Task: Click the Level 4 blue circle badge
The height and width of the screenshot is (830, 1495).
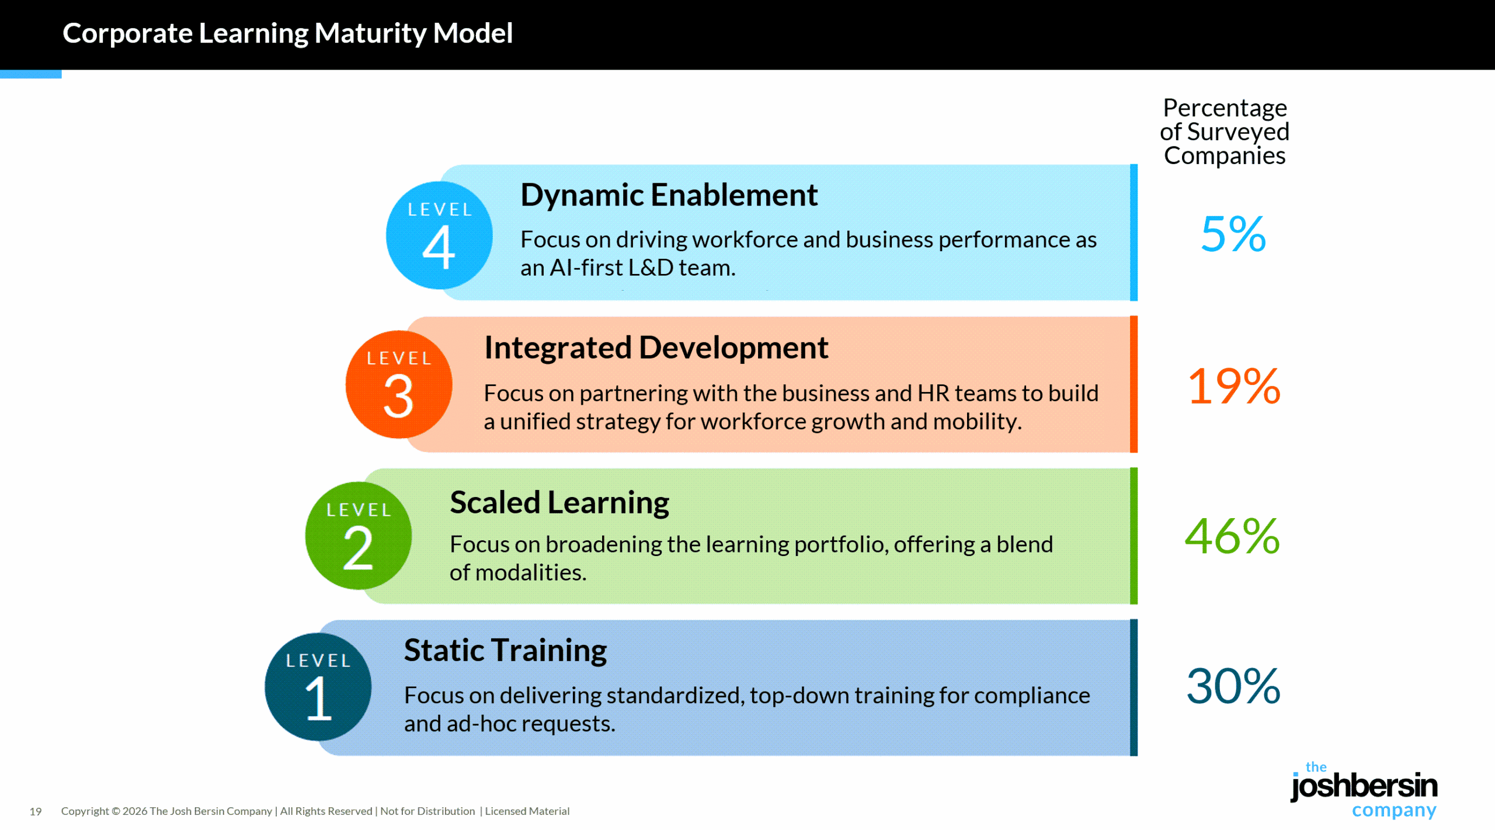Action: tap(439, 235)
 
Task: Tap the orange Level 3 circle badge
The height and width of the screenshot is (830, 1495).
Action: tap(399, 384)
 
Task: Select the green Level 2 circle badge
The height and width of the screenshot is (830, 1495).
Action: tap(359, 536)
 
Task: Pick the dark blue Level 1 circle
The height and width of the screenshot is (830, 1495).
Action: tap(318, 687)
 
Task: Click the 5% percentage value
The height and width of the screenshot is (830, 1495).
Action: tap(1233, 234)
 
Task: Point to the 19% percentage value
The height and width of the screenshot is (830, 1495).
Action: tap(1233, 386)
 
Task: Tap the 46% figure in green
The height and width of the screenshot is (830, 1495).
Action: tap(1232, 536)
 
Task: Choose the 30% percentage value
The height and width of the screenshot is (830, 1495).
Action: tap(1233, 686)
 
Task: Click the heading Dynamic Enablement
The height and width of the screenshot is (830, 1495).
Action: tap(669, 195)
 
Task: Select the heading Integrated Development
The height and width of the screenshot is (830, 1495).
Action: tap(656, 348)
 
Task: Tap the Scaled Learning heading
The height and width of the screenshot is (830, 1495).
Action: tap(559, 503)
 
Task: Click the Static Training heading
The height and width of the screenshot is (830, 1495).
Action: tap(506, 651)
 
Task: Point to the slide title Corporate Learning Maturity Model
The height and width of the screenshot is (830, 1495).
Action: tap(287, 33)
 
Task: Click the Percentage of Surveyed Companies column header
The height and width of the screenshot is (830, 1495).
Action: tap(1225, 132)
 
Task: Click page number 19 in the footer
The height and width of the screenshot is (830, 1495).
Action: tap(36, 811)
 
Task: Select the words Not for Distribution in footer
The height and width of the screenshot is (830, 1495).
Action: tap(427, 811)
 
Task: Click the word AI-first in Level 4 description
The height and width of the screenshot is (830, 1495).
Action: tap(586, 268)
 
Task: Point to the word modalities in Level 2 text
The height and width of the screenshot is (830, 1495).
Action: tap(530, 573)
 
